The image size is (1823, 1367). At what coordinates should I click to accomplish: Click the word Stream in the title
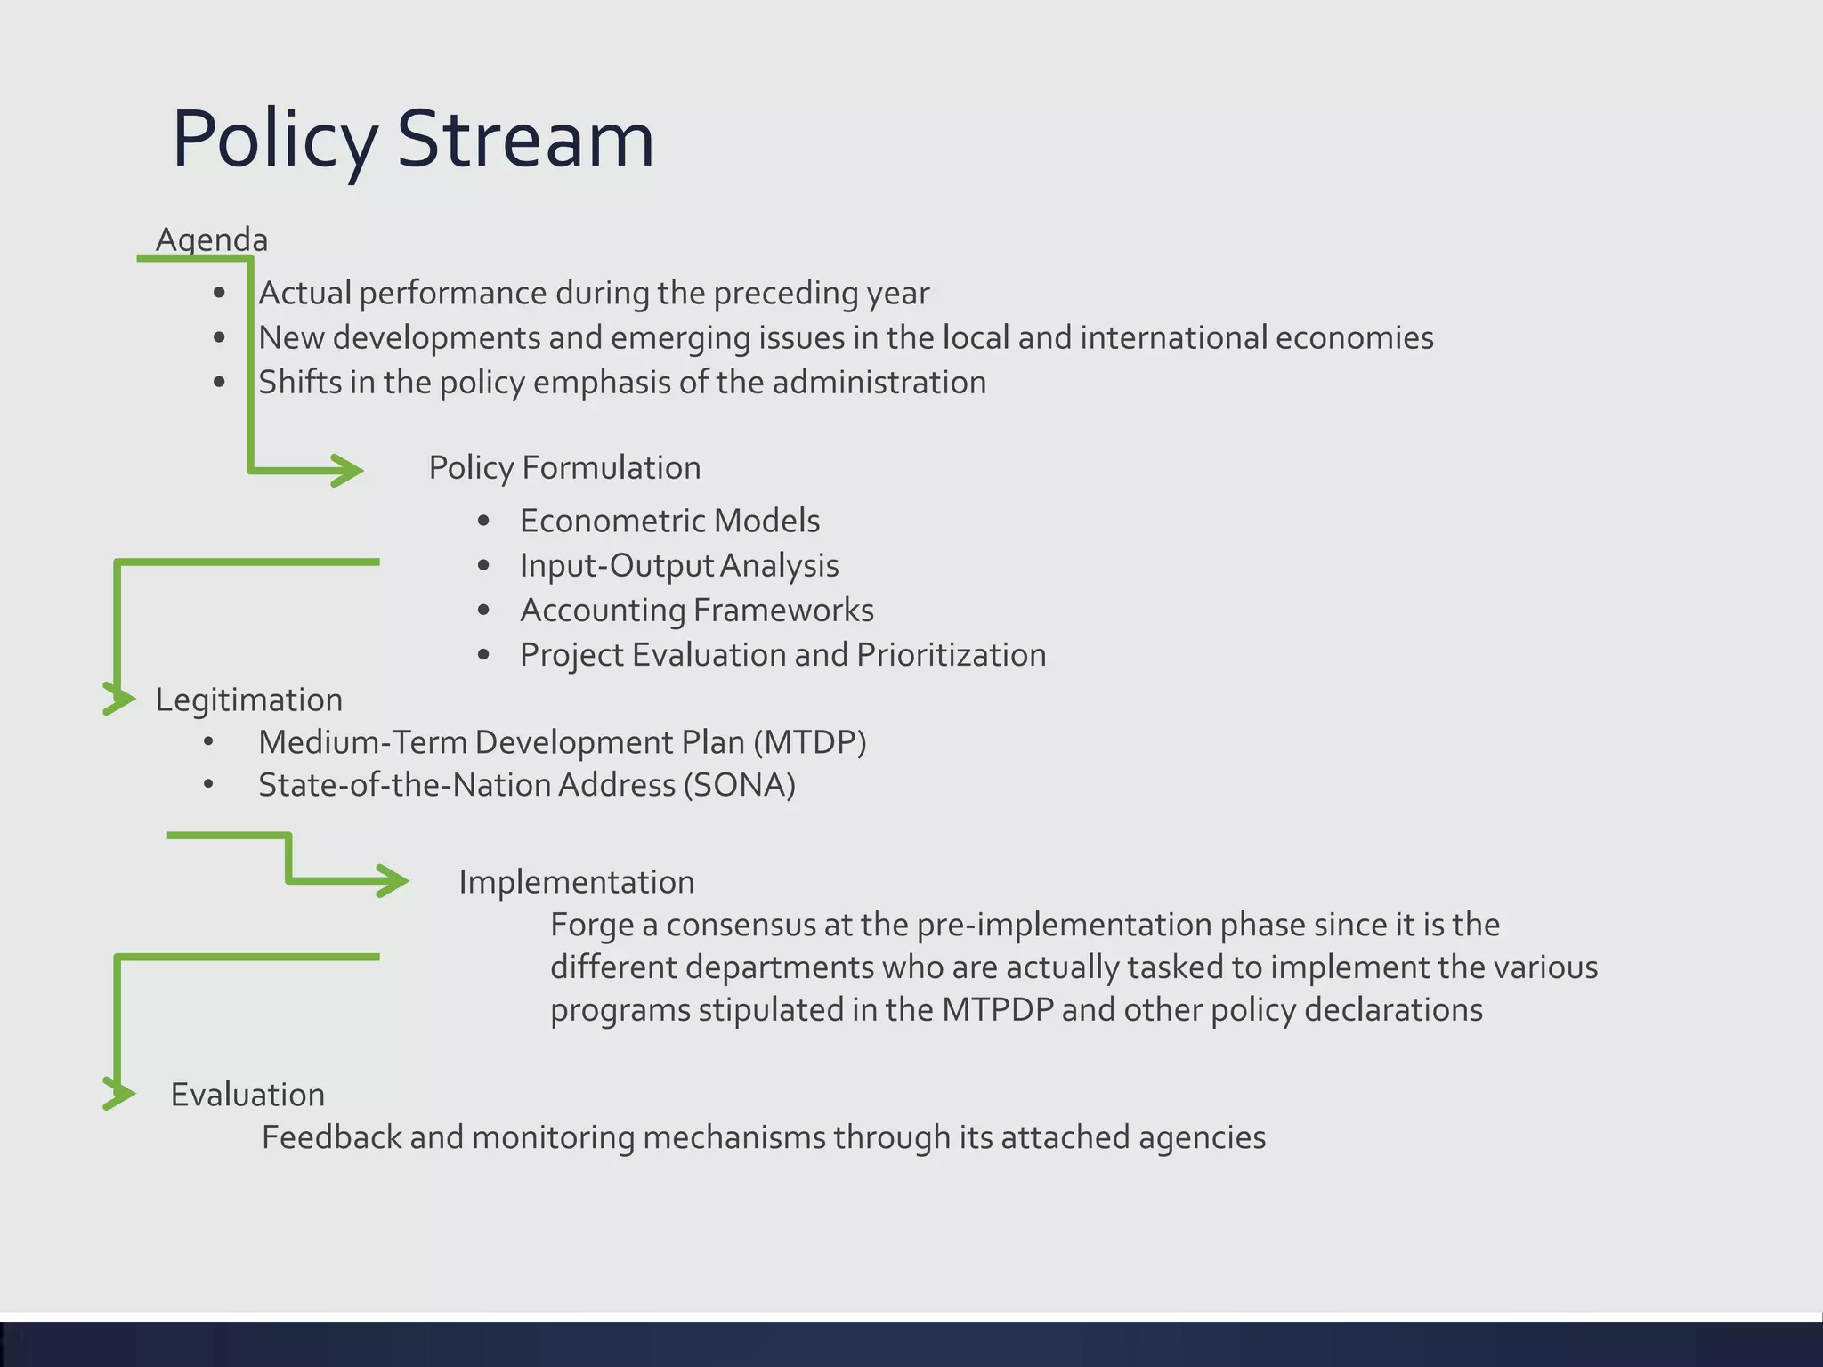coord(525,140)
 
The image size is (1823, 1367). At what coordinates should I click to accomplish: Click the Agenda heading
coord(211,239)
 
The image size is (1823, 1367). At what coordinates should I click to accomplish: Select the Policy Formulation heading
coord(564,467)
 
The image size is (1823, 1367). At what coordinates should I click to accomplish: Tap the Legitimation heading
coord(248,700)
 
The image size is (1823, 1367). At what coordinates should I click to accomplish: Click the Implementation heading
coord(576,882)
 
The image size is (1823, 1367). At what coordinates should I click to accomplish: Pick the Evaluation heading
coord(247,1095)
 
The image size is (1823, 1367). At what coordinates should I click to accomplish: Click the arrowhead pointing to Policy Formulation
coord(350,470)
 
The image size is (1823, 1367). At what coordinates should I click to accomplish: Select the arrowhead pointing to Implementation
coord(395,881)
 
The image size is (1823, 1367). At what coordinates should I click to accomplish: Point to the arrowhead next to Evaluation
coord(120,1094)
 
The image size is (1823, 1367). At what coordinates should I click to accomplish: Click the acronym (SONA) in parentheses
coord(739,785)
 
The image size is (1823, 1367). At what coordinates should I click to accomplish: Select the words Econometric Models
coord(669,521)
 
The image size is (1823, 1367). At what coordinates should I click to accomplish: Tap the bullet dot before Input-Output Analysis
coord(483,565)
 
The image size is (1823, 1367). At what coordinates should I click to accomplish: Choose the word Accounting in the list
coord(602,611)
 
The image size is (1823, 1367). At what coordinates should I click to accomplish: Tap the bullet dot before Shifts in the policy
coord(220,383)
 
